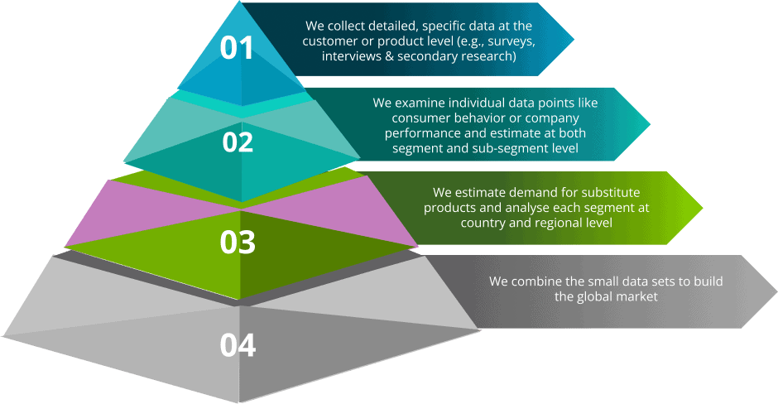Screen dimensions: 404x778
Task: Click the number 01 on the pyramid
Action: click(237, 48)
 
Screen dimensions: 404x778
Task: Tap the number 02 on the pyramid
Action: click(238, 142)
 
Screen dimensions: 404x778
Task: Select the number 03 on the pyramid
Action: click(238, 242)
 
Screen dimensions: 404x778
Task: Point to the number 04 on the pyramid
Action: click(238, 344)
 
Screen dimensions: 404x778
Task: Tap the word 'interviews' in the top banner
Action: click(353, 56)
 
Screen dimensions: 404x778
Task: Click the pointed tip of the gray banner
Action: click(775, 291)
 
